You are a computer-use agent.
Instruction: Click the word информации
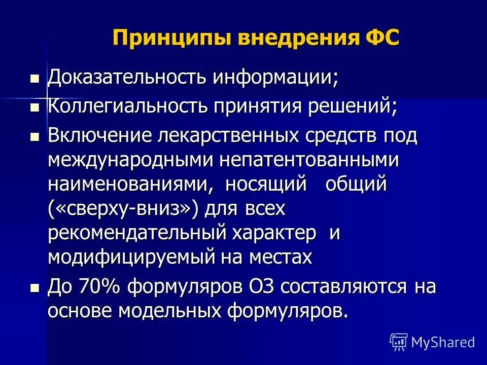pos(275,78)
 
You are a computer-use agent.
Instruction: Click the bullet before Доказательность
pos(34,79)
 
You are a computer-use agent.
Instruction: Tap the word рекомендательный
pos(136,233)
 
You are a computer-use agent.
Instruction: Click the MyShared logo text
pos(443,342)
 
